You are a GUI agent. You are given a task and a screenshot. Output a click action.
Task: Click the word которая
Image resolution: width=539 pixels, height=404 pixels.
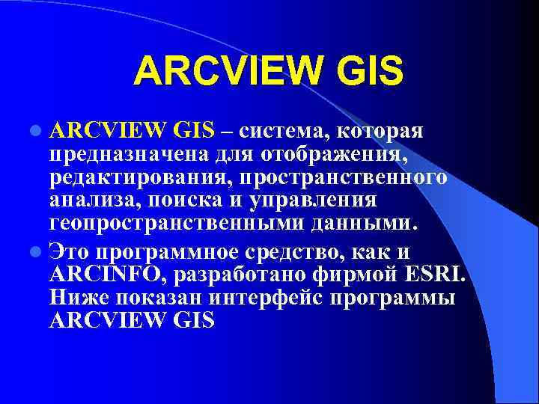(380, 132)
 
